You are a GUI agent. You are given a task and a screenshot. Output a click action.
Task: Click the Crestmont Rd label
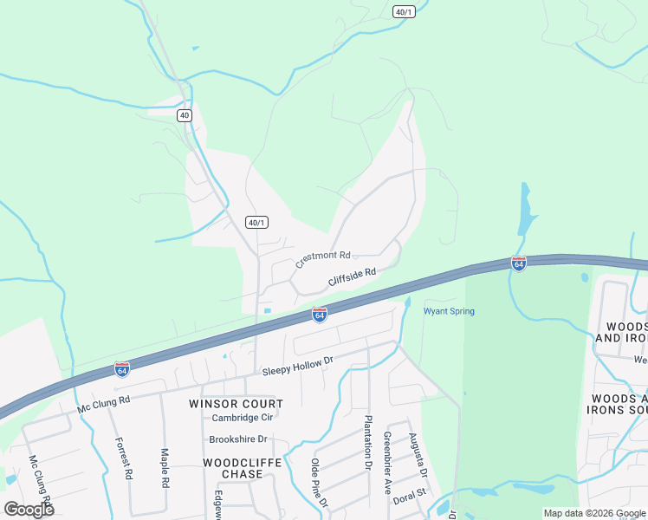point(322,257)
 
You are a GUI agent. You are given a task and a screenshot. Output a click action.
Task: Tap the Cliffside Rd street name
point(352,277)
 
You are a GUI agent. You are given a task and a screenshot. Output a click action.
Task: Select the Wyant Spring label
point(449,311)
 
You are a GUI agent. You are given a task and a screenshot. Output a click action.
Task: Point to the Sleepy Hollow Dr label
point(298,366)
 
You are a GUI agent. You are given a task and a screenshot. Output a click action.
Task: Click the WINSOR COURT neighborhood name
point(237,404)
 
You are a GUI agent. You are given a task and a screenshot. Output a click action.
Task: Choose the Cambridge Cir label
point(243,418)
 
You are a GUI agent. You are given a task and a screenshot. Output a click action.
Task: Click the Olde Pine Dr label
point(320,483)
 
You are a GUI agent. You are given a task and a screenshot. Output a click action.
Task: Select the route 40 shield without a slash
point(185,115)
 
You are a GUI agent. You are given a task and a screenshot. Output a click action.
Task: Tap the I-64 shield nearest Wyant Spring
point(518,263)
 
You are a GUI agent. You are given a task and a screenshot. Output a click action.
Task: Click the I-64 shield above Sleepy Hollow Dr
point(320,315)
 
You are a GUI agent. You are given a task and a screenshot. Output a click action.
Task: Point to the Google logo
point(29,509)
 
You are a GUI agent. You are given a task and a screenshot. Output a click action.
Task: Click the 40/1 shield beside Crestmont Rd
point(255,223)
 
